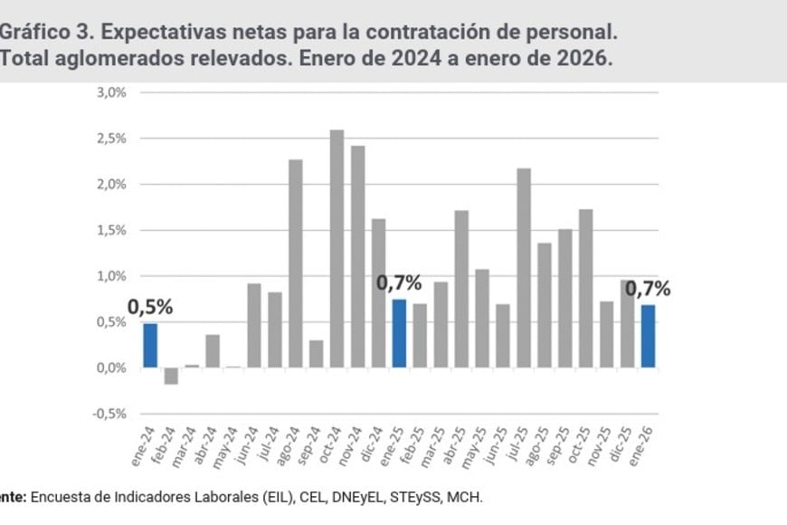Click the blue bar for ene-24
(x=150, y=346)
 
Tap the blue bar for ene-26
(x=648, y=336)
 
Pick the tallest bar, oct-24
(x=337, y=249)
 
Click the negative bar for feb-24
(x=171, y=376)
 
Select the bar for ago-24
(x=295, y=263)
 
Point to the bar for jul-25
(x=524, y=268)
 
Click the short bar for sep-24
(x=316, y=354)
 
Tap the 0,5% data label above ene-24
(x=150, y=307)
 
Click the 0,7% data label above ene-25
(x=399, y=282)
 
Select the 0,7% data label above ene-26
(x=648, y=289)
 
